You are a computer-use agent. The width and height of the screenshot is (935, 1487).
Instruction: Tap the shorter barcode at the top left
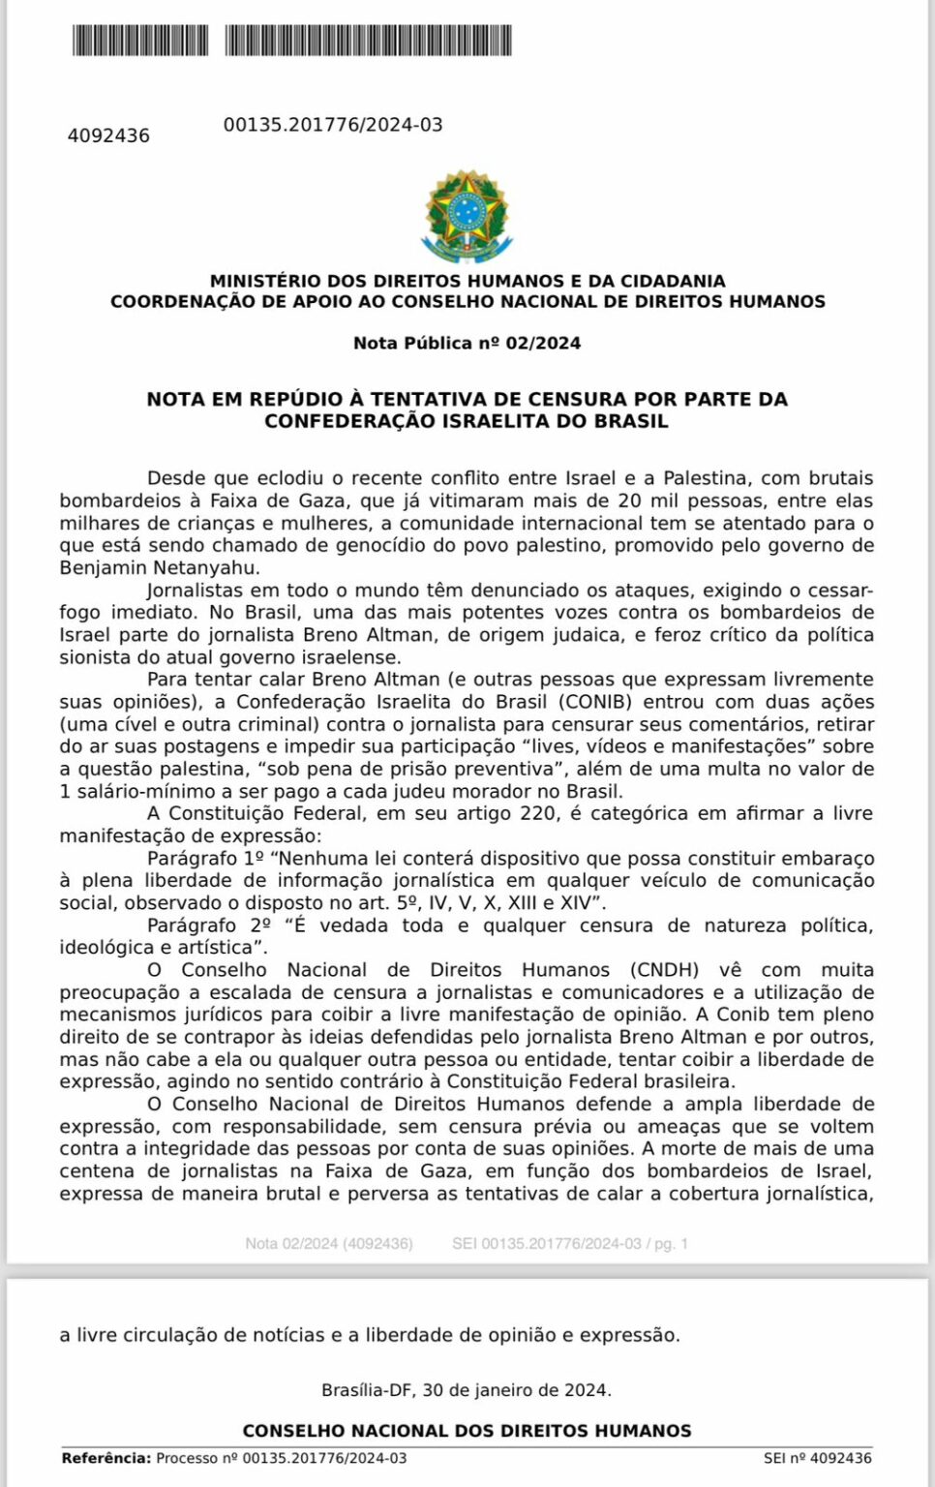click(x=139, y=41)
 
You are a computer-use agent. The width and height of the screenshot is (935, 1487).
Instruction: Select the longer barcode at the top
click(x=368, y=41)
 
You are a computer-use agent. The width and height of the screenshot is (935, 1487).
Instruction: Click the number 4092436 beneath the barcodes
click(x=108, y=136)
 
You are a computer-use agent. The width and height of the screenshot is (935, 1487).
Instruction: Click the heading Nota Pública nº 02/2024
click(x=467, y=343)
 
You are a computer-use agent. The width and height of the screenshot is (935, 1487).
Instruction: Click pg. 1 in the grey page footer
click(x=671, y=1243)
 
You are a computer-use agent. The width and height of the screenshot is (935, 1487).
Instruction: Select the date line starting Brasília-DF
click(x=467, y=1390)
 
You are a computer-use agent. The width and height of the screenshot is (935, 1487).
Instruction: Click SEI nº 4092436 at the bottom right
click(x=817, y=1458)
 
